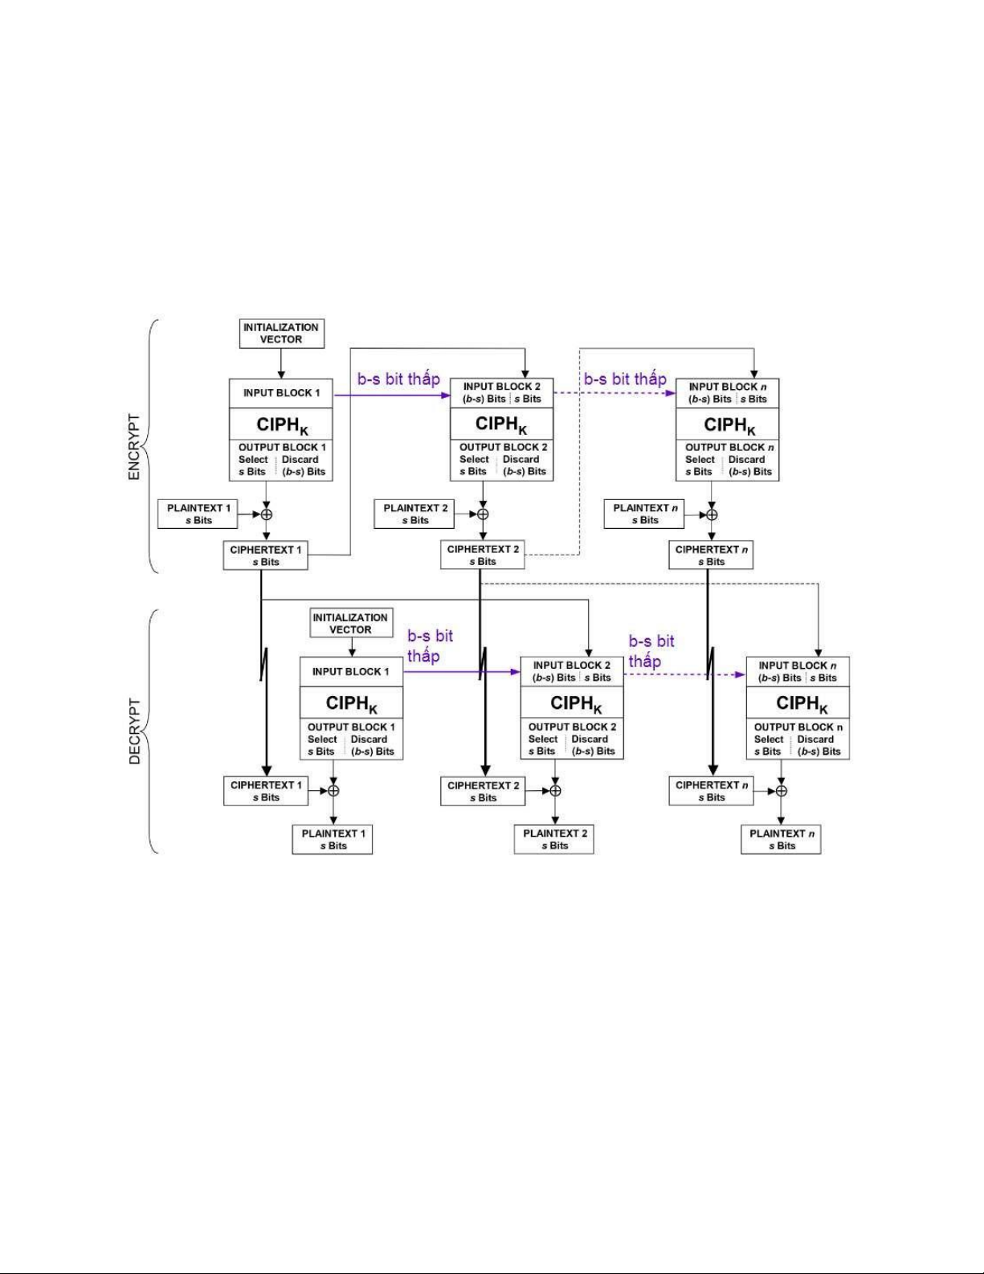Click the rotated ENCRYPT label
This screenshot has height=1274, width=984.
[x=134, y=448]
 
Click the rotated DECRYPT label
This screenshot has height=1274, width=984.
[x=135, y=731]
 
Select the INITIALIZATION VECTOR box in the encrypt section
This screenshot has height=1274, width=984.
[x=281, y=334]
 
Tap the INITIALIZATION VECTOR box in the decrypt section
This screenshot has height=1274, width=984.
[x=350, y=623]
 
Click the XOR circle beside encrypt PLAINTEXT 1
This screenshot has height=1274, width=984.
[x=267, y=514]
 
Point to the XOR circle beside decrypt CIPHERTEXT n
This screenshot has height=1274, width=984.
[x=781, y=791]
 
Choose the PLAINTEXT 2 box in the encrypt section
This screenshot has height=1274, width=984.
[x=414, y=514]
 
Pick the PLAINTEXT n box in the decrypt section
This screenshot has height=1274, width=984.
[x=781, y=840]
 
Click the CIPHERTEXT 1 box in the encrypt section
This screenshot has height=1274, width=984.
[x=265, y=555]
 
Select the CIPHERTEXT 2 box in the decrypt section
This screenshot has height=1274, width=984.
[x=483, y=791]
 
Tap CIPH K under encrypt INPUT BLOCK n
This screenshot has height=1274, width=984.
[x=729, y=425]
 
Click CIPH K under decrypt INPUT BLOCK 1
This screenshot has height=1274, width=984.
[x=352, y=703]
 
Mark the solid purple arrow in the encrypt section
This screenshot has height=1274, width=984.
[x=392, y=395]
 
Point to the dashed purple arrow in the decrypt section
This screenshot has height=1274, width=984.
[x=684, y=674]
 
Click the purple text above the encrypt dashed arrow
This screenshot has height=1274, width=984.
[x=625, y=379]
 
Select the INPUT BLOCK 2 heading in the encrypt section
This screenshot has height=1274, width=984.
[x=501, y=387]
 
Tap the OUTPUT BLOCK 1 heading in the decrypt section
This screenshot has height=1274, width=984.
[x=352, y=727]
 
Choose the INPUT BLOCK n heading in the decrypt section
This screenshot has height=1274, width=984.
[x=797, y=666]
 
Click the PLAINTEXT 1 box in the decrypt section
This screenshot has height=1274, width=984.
[x=332, y=840]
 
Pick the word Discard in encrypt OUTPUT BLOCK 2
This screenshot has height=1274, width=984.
[x=521, y=459]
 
